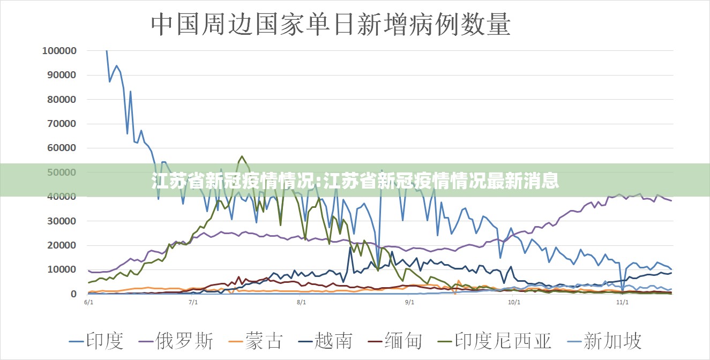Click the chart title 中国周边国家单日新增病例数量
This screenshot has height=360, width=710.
(331, 25)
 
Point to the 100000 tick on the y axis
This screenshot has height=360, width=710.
(59, 51)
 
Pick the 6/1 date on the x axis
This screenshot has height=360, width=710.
(89, 303)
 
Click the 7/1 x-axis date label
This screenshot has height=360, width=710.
(193, 303)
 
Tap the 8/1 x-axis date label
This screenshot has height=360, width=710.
(301, 303)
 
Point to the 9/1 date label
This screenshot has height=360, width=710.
(409, 303)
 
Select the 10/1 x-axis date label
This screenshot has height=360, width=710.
(514, 303)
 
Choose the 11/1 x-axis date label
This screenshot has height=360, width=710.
(622, 303)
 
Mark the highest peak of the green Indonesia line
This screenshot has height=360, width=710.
(242, 156)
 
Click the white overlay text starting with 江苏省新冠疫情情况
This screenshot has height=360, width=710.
(355, 181)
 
